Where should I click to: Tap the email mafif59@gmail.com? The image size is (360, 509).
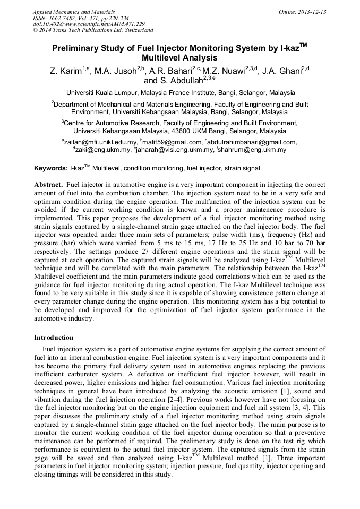[x=172, y=142]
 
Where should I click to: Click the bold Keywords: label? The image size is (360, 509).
[x=51, y=168]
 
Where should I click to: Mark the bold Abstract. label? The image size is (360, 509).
[x=48, y=184]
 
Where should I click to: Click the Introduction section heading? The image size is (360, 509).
[x=54, y=337]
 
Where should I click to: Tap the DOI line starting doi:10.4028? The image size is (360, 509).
[x=89, y=24]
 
